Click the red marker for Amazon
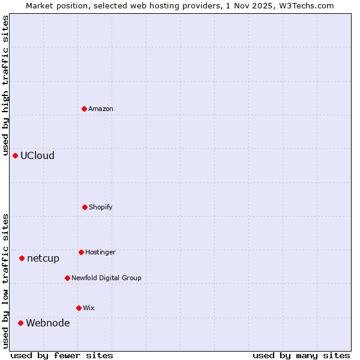(84, 109)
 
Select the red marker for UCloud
(15, 155)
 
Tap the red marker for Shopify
(85, 207)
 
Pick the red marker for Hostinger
(81, 252)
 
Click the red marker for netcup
(22, 258)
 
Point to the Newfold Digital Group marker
(67, 278)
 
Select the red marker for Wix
(79, 308)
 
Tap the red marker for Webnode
(20, 323)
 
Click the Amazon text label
(101, 109)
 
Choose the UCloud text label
(37, 156)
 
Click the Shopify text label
(101, 208)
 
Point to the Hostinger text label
(100, 253)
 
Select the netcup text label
(43, 259)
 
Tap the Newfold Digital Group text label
(106, 278)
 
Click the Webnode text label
(47, 323)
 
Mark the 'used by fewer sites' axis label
(62, 355)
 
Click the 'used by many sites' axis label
(301, 355)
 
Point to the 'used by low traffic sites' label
(5, 280)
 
